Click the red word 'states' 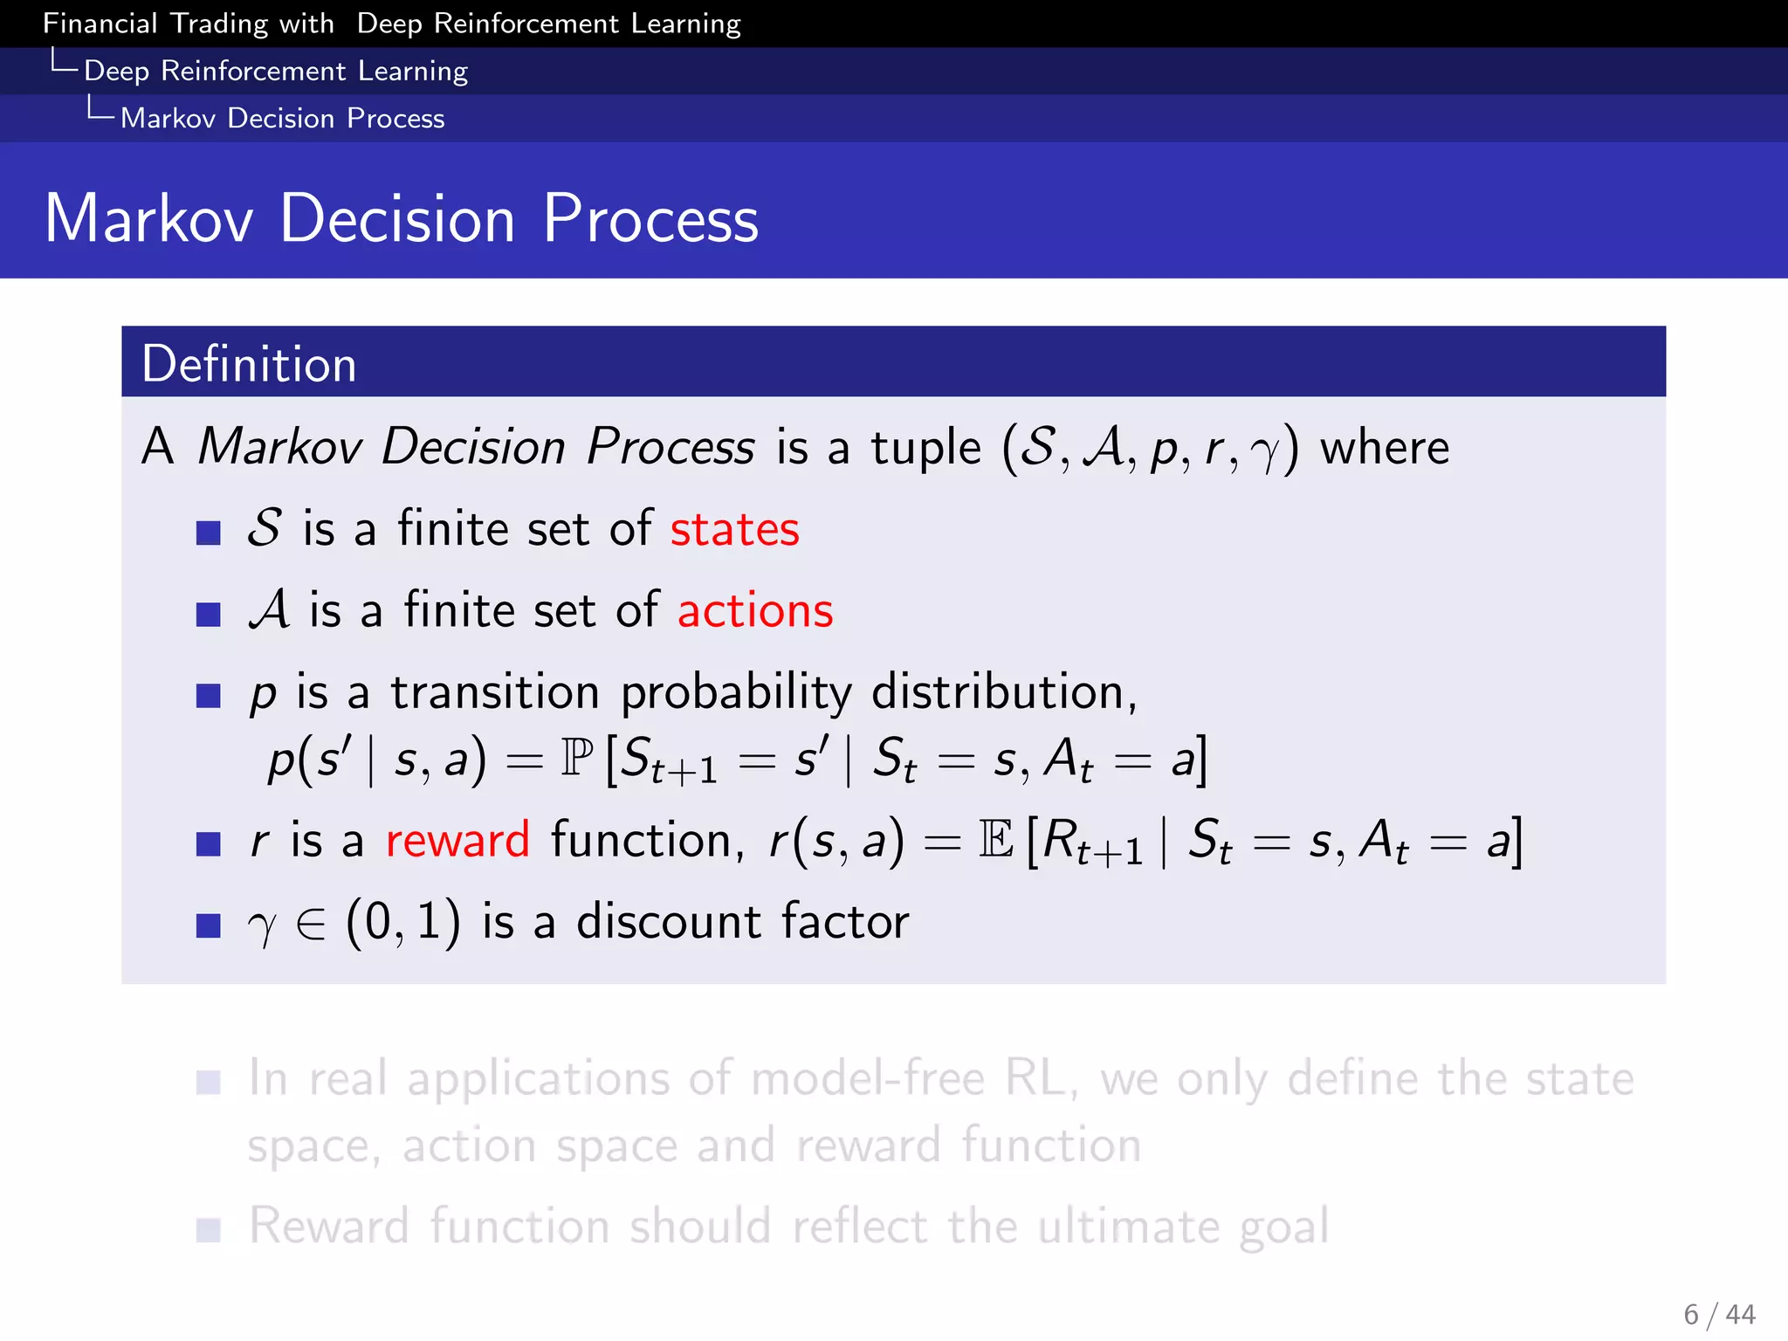pos(734,529)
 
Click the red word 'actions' pos(755,610)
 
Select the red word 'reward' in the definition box pos(457,840)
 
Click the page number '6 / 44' pos(1719,1314)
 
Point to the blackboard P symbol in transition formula pos(576,757)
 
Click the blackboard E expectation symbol pos(995,840)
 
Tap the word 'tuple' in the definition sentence pos(925,448)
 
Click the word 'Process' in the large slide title pos(650,218)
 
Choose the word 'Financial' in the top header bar pos(100,24)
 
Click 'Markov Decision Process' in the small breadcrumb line pos(282,118)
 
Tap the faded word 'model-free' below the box pos(867,1078)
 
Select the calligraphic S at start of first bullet pos(265,528)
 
